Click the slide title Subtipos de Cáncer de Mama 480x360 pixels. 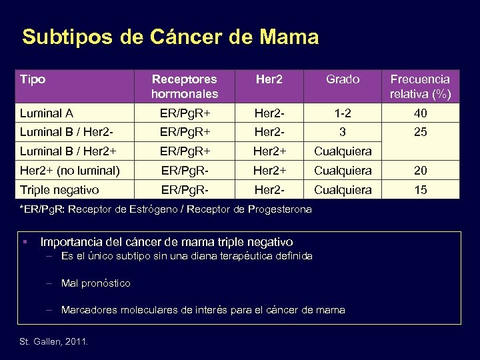tap(170, 37)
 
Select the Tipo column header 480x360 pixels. tap(33, 80)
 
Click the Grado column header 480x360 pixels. tap(343, 79)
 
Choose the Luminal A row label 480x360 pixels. tap(46, 113)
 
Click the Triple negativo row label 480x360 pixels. tap(59, 190)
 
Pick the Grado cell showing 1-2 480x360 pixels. tap(343, 113)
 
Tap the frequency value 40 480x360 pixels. tap(420, 113)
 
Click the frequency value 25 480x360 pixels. tap(420, 132)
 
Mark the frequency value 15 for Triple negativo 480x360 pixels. tap(420, 190)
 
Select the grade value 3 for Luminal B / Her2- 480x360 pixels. tap(343, 132)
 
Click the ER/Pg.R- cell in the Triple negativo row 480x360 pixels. tap(184, 190)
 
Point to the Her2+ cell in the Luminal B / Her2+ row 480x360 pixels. tap(269, 151)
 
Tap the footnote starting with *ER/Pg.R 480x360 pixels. tap(167, 209)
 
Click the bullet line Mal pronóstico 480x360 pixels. tap(95, 283)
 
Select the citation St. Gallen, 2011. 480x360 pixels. tap(54, 342)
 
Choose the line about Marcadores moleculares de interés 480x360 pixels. tap(203, 309)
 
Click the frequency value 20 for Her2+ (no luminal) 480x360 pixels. tap(420, 171)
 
